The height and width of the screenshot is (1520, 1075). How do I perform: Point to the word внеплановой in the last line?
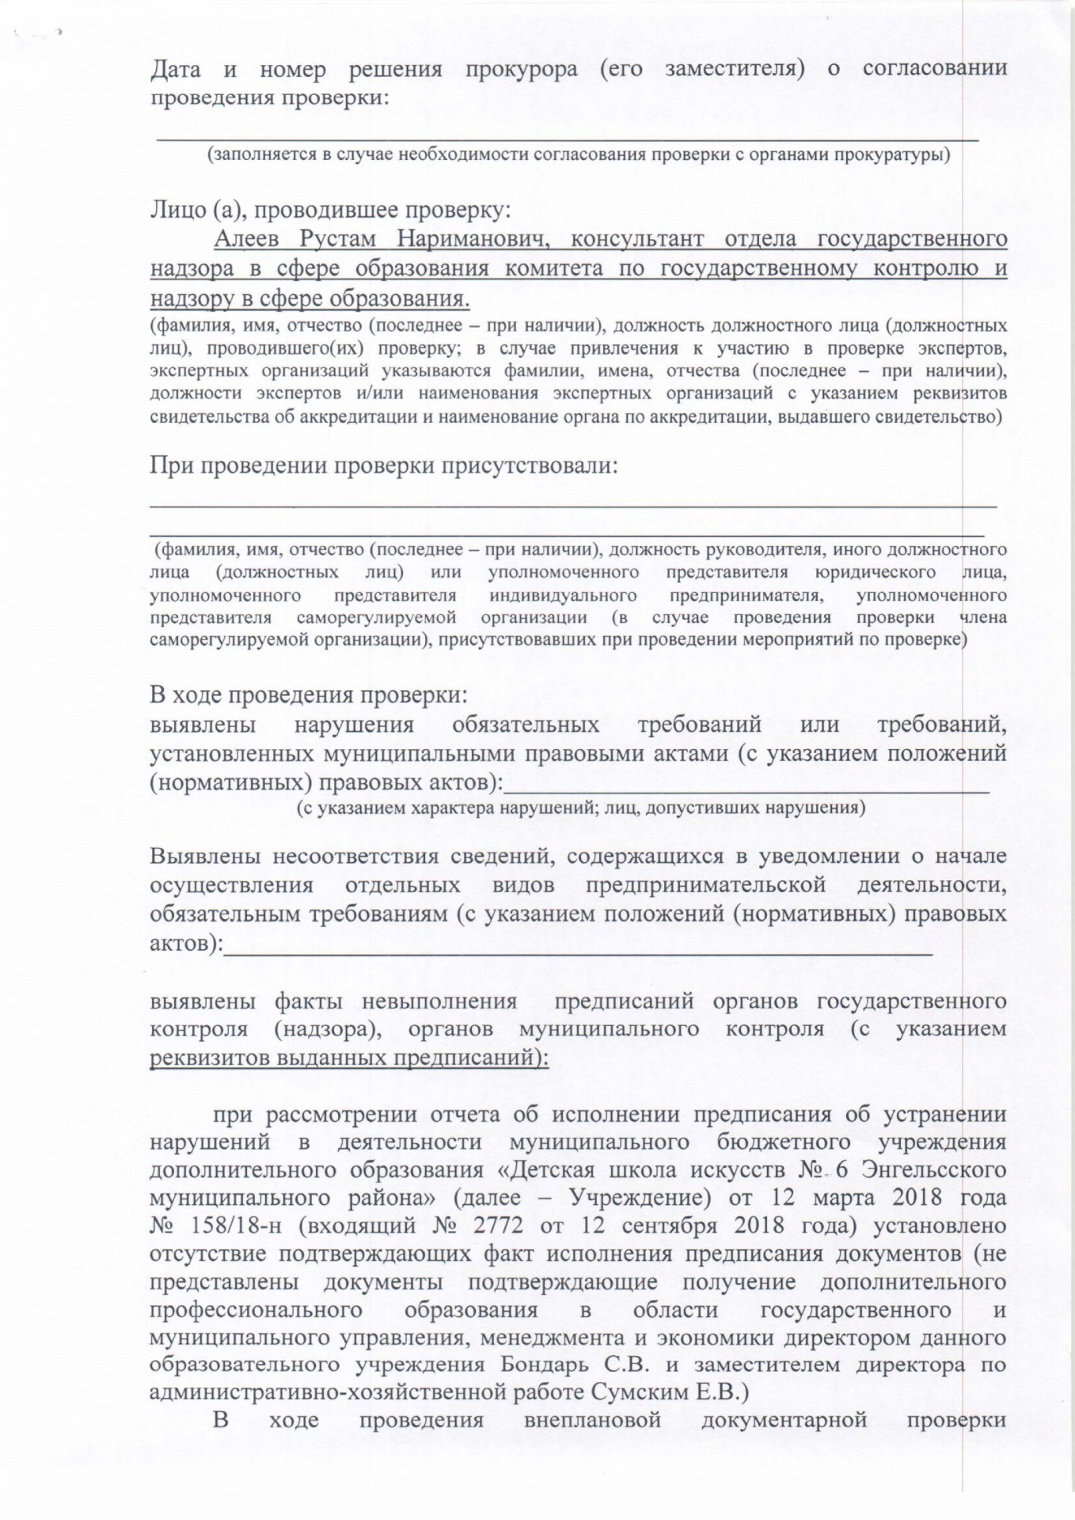[x=592, y=1420]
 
